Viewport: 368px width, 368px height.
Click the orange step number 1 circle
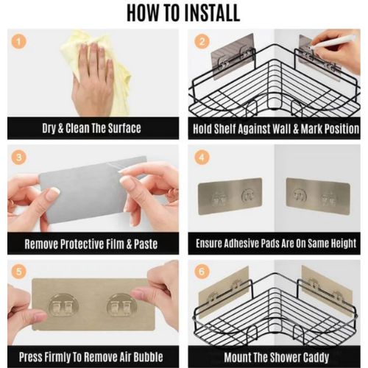19,41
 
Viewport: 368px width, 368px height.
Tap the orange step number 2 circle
202,41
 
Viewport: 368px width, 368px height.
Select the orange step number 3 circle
19,158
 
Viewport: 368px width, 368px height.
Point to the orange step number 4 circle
202,158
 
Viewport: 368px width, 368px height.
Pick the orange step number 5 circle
19,272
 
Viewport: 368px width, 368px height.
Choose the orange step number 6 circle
202,272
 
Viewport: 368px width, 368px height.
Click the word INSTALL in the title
212,13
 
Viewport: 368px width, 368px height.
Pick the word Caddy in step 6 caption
316,358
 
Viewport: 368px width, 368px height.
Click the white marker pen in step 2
333,42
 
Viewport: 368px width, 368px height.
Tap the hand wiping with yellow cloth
93,79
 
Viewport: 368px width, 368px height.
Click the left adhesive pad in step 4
230,197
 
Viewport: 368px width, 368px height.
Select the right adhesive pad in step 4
318,197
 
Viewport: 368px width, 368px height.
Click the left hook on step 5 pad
63,305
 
